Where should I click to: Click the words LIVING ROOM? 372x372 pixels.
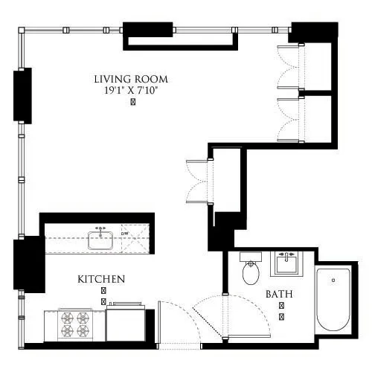pos(130,79)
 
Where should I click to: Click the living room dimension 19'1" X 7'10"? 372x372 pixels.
pos(131,90)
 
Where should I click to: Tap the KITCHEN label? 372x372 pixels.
pos(100,279)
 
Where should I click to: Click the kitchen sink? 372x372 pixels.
pos(100,240)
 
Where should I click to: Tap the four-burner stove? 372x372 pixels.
pos(74,324)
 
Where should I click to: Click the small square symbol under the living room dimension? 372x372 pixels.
pos(132,103)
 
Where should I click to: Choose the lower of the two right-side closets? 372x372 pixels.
pos(315,118)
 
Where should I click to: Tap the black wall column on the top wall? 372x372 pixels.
pos(147,34)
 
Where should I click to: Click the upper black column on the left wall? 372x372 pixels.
pos(22,95)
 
